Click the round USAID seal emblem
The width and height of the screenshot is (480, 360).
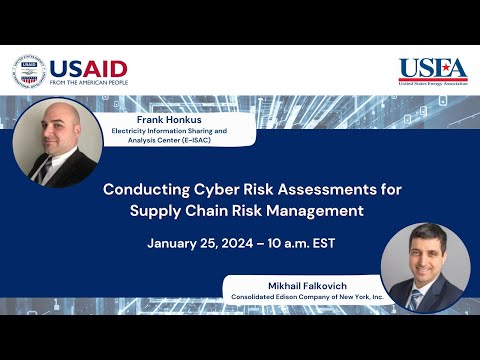[x=29, y=72]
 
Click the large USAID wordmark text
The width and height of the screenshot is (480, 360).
[x=88, y=69]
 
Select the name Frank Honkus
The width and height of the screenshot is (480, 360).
[x=149, y=119]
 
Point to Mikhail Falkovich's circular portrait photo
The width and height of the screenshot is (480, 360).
[x=425, y=267]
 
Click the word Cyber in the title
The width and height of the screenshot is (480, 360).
[x=224, y=188]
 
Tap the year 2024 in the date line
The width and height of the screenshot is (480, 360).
[x=244, y=243]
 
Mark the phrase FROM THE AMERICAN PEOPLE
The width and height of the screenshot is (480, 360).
[x=88, y=83]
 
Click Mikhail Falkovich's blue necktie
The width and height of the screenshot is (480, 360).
[x=415, y=298]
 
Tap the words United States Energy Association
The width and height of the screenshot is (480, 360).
[x=432, y=84]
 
